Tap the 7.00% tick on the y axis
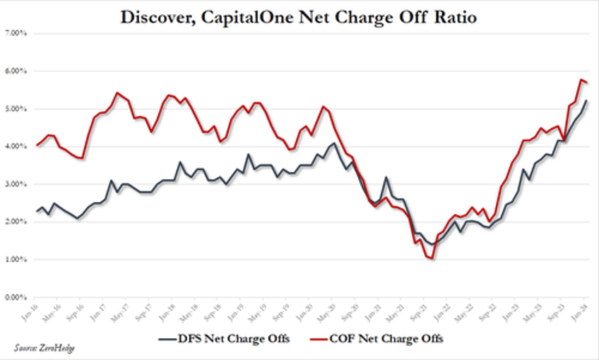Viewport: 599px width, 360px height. click(16, 33)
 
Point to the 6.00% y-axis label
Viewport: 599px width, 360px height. click(16, 71)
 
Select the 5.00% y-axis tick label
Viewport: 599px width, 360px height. click(16, 109)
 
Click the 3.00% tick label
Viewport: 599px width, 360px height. click(16, 184)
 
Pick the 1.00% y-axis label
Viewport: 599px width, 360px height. click(16, 260)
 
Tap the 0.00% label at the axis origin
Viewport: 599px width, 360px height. click(16, 297)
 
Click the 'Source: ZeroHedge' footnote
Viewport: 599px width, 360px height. click(45, 347)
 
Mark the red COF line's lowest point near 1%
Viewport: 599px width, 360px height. click(431, 258)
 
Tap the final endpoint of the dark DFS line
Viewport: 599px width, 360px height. click(588, 101)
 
